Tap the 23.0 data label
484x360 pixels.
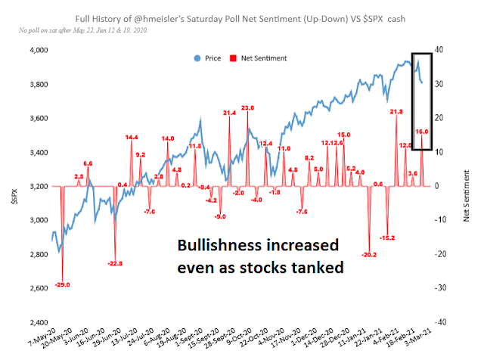[248, 107]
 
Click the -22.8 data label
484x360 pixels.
[115, 263]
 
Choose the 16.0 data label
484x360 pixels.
[422, 132]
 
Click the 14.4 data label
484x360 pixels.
[132, 137]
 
